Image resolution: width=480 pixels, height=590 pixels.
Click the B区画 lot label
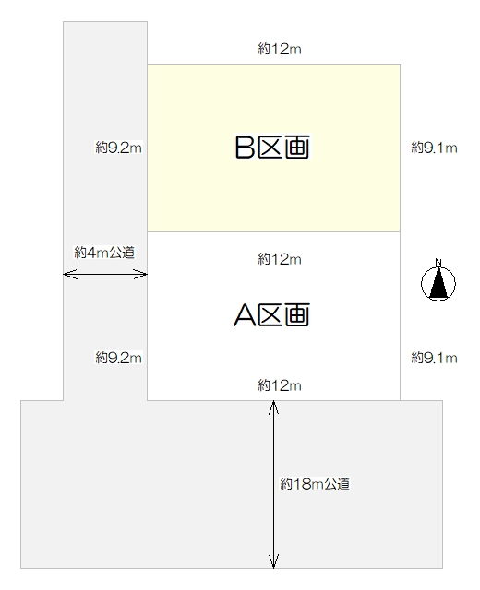click(272, 147)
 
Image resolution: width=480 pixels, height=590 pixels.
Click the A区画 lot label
click(272, 314)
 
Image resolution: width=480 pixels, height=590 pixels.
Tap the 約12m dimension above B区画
click(280, 49)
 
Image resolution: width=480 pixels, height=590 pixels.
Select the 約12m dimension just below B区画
click(280, 259)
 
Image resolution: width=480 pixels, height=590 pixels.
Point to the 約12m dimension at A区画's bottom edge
click(280, 385)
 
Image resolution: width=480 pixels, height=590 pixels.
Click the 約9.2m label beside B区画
click(118, 147)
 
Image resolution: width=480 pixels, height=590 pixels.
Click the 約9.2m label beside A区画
click(118, 358)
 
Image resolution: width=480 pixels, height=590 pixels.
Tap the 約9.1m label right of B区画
click(434, 147)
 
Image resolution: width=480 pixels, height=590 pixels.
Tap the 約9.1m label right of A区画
click(434, 358)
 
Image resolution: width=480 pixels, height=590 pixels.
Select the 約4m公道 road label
click(104, 252)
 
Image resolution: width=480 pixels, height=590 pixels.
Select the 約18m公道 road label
click(315, 484)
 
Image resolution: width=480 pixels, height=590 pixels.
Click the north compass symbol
click(438, 283)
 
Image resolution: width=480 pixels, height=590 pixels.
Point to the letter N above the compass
click(438, 262)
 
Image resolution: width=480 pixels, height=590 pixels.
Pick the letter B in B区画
click(245, 147)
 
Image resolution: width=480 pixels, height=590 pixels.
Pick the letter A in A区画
click(245, 315)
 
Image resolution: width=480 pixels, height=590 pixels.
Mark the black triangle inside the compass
click(438, 285)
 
